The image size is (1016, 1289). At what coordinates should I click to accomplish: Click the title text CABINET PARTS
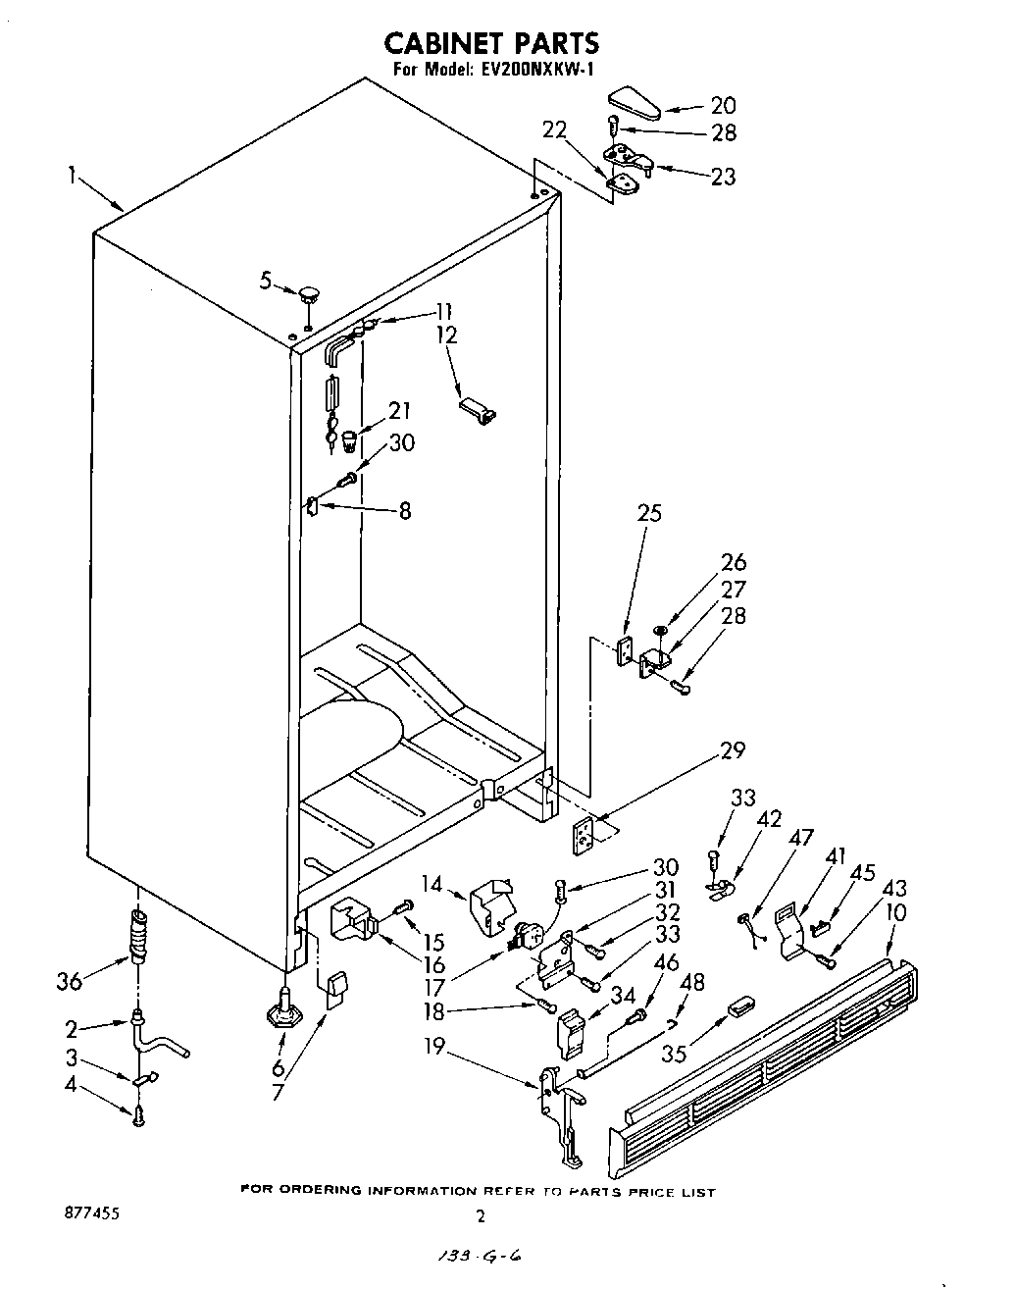coord(490,43)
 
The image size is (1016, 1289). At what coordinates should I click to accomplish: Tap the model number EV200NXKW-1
coord(536,70)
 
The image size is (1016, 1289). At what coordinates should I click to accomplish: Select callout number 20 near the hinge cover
coord(723,106)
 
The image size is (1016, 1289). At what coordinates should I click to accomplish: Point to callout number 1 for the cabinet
coord(73,175)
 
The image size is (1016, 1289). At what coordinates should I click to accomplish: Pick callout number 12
coord(446,335)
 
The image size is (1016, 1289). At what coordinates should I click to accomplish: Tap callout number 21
coord(399,411)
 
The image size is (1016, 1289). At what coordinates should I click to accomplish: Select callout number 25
coord(649,513)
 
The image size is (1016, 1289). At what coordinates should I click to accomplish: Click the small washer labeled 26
coord(660,629)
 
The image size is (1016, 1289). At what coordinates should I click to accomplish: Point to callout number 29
coord(732,750)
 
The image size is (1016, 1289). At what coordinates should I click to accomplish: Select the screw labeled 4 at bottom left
coord(139,1113)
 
